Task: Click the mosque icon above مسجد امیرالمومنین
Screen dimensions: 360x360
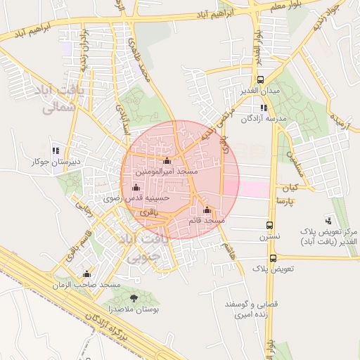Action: coord(167,161)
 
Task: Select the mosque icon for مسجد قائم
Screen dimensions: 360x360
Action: coord(207,210)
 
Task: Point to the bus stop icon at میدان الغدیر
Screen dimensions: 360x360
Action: coord(261,80)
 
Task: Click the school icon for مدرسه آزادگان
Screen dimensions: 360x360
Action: coord(264,108)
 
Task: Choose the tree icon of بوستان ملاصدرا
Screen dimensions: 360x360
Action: coord(134,298)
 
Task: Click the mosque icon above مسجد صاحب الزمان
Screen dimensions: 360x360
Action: coord(87,274)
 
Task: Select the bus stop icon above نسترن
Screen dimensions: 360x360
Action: coord(269,226)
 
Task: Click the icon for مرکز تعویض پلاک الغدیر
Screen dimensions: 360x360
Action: coord(328,221)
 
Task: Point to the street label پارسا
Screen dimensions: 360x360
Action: coord(289,201)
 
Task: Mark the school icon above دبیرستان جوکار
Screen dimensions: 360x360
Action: coord(56,150)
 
